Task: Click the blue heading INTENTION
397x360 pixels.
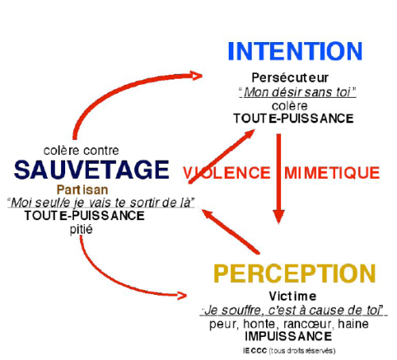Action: (295, 51)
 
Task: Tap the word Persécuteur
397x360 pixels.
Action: (290, 78)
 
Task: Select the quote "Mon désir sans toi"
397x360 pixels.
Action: (298, 92)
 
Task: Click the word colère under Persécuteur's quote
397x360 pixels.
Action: (290, 106)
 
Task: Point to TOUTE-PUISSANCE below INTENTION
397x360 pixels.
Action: (294, 118)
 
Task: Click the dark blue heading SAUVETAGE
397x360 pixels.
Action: (91, 169)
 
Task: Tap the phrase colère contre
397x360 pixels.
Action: (81, 150)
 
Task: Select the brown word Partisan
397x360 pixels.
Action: (83, 190)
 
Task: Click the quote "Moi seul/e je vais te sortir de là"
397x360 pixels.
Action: (101, 203)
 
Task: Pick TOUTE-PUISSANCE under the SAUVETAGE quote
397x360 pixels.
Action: (84, 215)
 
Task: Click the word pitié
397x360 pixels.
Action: (81, 229)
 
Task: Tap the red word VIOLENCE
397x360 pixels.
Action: (227, 172)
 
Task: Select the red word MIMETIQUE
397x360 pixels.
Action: (332, 172)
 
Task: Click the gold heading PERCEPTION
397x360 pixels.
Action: (295, 273)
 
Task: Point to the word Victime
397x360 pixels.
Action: (292, 296)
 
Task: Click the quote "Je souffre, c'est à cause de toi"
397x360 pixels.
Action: (294, 310)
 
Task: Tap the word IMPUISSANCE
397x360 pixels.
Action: (288, 336)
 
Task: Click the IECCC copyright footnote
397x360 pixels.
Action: (289, 350)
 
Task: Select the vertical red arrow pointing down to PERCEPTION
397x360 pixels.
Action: (279, 179)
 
